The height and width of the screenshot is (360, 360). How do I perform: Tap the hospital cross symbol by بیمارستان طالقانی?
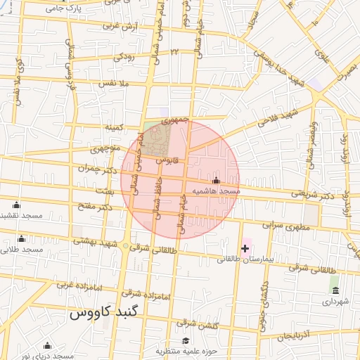(245, 248)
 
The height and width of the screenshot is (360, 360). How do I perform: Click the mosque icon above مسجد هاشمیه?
(216, 181)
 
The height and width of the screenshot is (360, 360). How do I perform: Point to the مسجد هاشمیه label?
(215, 191)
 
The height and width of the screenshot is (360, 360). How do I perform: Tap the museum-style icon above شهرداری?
(335, 290)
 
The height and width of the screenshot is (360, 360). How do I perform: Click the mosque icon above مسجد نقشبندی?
(17, 205)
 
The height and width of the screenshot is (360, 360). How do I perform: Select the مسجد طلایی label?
(22, 249)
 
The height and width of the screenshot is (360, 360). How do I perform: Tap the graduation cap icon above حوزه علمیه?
(186, 341)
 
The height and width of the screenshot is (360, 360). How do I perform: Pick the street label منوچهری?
(106, 149)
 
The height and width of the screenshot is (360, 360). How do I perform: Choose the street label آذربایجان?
(292, 337)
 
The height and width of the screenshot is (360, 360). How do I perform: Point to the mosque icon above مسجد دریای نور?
(47, 345)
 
